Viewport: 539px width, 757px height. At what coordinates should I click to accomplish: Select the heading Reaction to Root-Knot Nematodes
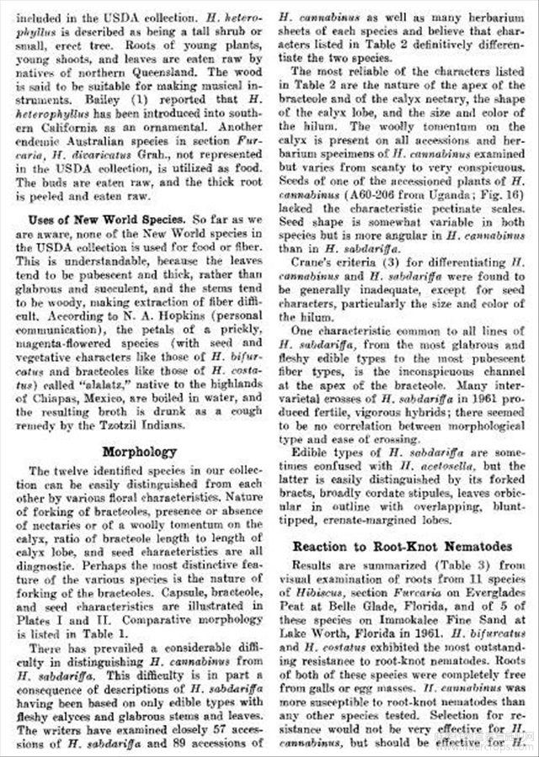coord(403,546)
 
